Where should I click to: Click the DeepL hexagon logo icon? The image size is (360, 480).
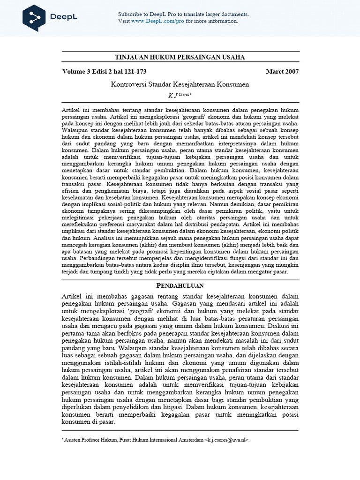[x=34, y=18]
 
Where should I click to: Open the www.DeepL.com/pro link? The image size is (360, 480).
[x=158, y=21]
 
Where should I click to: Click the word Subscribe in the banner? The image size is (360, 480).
[x=130, y=14]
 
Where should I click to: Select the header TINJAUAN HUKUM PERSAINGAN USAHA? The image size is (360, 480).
[x=180, y=57]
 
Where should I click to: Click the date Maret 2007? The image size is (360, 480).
[x=282, y=72]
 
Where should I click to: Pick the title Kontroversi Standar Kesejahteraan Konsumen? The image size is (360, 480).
[x=180, y=84]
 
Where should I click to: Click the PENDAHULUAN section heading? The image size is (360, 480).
[x=180, y=285]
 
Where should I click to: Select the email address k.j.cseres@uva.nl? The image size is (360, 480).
[x=227, y=440]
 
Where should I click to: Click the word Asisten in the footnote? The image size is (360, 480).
[x=74, y=440]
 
